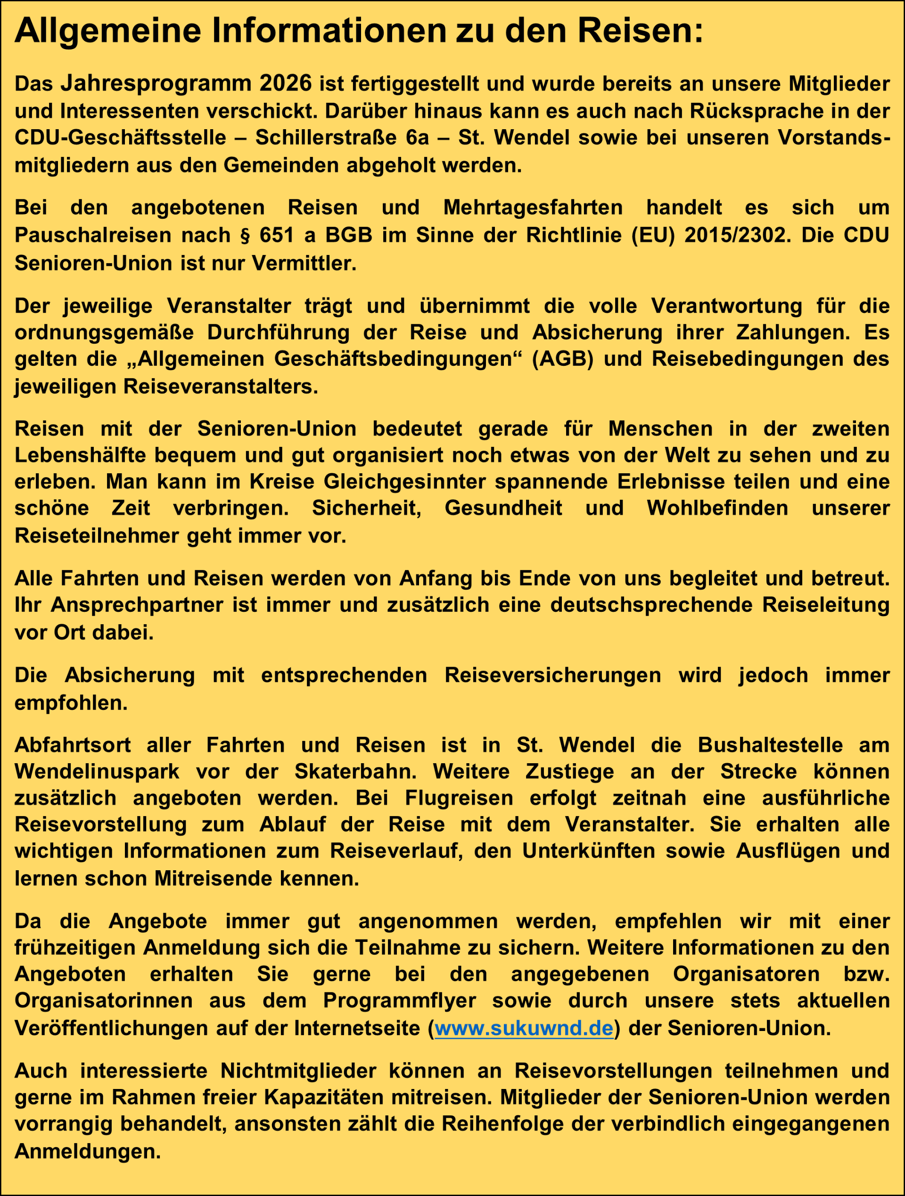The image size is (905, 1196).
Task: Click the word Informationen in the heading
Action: click(329, 32)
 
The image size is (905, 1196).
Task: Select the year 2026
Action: click(286, 83)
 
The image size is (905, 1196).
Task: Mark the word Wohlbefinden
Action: click(717, 508)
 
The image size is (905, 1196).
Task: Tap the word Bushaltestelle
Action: click(770, 745)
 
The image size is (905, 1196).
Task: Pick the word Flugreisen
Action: click(459, 798)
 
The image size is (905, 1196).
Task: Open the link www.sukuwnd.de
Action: click(524, 1028)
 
